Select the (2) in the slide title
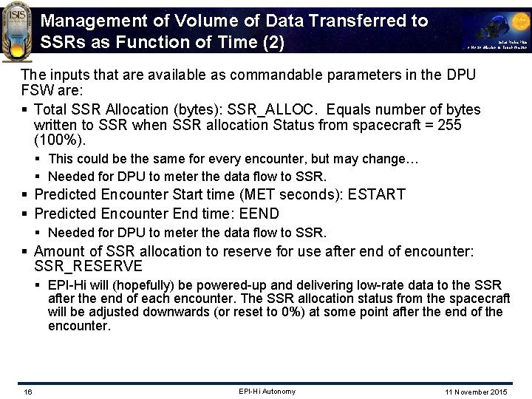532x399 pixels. [273, 43]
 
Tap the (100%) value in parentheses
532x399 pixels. [58, 140]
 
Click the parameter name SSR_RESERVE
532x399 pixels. [88, 265]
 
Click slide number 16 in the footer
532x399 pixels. [27, 391]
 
